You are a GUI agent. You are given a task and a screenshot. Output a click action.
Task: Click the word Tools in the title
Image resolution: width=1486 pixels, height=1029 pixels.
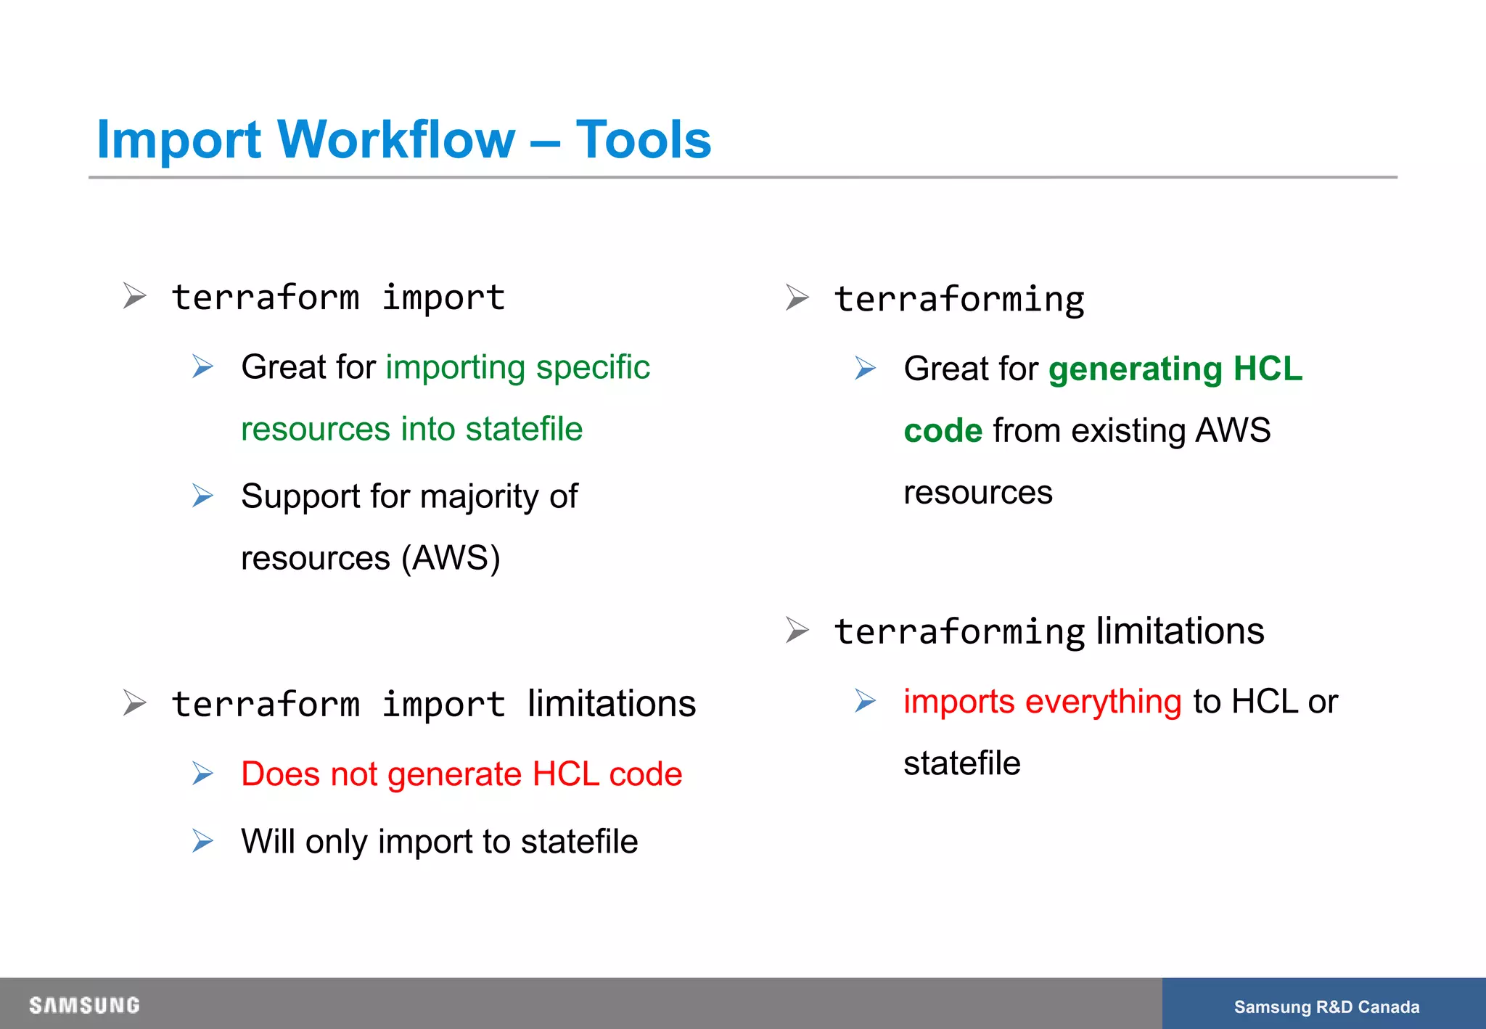[643, 139]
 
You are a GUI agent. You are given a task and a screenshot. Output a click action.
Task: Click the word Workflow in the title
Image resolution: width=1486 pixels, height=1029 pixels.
[396, 139]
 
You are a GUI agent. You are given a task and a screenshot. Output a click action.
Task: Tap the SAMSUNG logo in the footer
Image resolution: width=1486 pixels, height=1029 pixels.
[84, 1005]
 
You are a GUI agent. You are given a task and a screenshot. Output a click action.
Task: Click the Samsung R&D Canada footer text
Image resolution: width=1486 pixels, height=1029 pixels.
[1326, 1007]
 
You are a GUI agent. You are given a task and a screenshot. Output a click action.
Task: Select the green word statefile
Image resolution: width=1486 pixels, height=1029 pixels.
[524, 429]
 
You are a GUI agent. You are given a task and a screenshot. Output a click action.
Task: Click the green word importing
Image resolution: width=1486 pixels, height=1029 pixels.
[455, 368]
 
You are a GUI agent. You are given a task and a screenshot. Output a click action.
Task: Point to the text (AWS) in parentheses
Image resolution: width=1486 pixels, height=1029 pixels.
[451, 558]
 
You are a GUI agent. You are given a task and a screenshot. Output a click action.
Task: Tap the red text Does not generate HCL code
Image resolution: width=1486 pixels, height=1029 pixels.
[461, 774]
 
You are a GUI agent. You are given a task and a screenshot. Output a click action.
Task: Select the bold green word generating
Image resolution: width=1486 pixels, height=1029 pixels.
[1136, 369]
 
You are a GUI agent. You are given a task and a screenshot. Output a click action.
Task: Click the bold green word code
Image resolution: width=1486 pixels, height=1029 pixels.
[943, 431]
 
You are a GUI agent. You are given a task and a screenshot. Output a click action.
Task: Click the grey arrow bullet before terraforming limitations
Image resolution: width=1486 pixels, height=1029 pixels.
[797, 630]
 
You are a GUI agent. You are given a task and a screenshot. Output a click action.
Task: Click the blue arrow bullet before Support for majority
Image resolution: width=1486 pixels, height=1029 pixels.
[203, 496]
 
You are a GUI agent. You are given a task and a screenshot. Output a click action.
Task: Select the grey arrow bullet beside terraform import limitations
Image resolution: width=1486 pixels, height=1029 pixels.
[134, 703]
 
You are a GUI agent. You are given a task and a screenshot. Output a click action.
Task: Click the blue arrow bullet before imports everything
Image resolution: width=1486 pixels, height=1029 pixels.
[865, 701]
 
